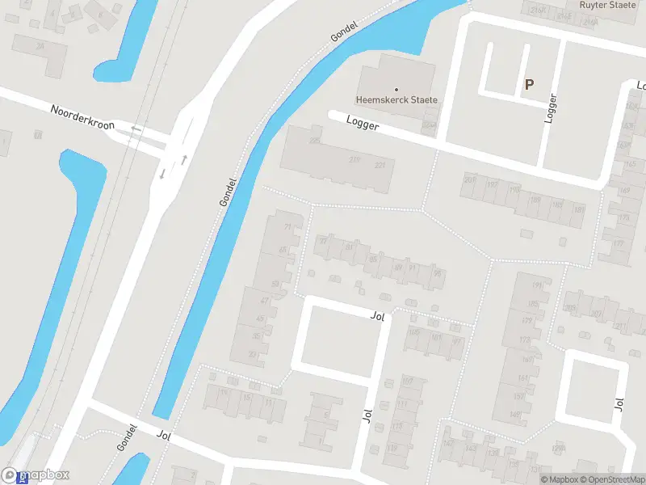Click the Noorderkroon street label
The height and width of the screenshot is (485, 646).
click(x=82, y=117)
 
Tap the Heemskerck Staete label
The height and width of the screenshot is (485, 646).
click(x=396, y=100)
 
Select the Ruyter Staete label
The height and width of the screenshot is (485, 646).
click(x=608, y=5)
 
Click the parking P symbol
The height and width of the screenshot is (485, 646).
click(x=530, y=83)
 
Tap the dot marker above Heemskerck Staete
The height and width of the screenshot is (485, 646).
click(x=396, y=89)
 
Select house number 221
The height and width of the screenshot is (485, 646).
click(x=380, y=165)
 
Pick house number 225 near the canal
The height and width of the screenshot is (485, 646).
click(x=314, y=141)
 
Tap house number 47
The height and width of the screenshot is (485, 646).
click(x=264, y=300)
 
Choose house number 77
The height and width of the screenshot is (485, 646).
click(x=324, y=240)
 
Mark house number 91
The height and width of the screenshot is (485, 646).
click(x=413, y=267)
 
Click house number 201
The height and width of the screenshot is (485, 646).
click(x=469, y=179)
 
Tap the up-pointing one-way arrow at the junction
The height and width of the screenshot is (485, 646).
click(x=185, y=159)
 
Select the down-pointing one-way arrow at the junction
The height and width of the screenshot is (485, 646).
click(x=162, y=173)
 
